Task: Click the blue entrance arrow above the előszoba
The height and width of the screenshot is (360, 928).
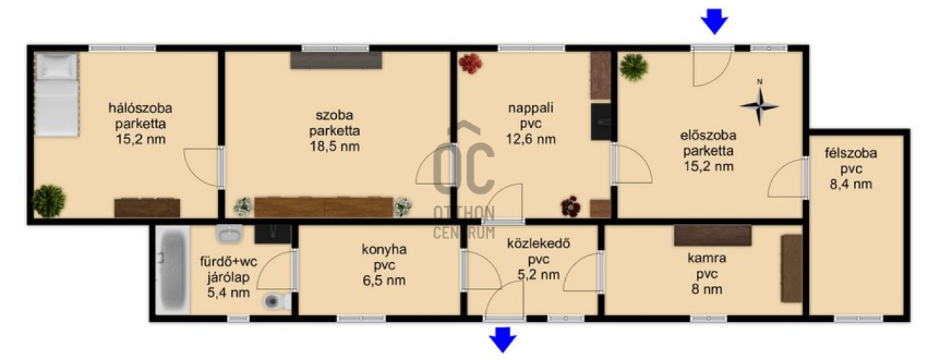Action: point(714,21)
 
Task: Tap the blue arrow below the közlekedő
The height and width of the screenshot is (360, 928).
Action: point(503,340)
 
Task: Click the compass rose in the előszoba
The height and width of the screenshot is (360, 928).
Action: point(760,106)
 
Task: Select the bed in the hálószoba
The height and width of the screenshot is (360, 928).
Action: point(57,94)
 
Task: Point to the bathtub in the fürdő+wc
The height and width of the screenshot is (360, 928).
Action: point(174,270)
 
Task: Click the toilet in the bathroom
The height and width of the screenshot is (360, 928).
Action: point(277,301)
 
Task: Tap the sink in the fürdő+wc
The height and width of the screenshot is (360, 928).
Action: point(230,234)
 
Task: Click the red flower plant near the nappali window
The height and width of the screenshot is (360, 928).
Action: point(470,64)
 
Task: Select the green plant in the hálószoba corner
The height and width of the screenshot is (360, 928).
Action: point(48,201)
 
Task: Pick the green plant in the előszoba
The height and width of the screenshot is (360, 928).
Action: point(634,67)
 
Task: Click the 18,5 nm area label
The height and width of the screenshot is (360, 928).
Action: point(335,146)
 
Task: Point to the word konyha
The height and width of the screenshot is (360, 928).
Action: point(384,249)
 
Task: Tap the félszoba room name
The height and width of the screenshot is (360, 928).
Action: point(850,153)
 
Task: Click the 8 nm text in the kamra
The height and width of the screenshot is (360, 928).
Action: point(707,289)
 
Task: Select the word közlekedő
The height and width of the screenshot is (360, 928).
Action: point(539,243)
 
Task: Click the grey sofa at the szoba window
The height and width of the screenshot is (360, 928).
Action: point(336,60)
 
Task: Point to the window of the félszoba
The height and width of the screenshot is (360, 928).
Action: point(858,318)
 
